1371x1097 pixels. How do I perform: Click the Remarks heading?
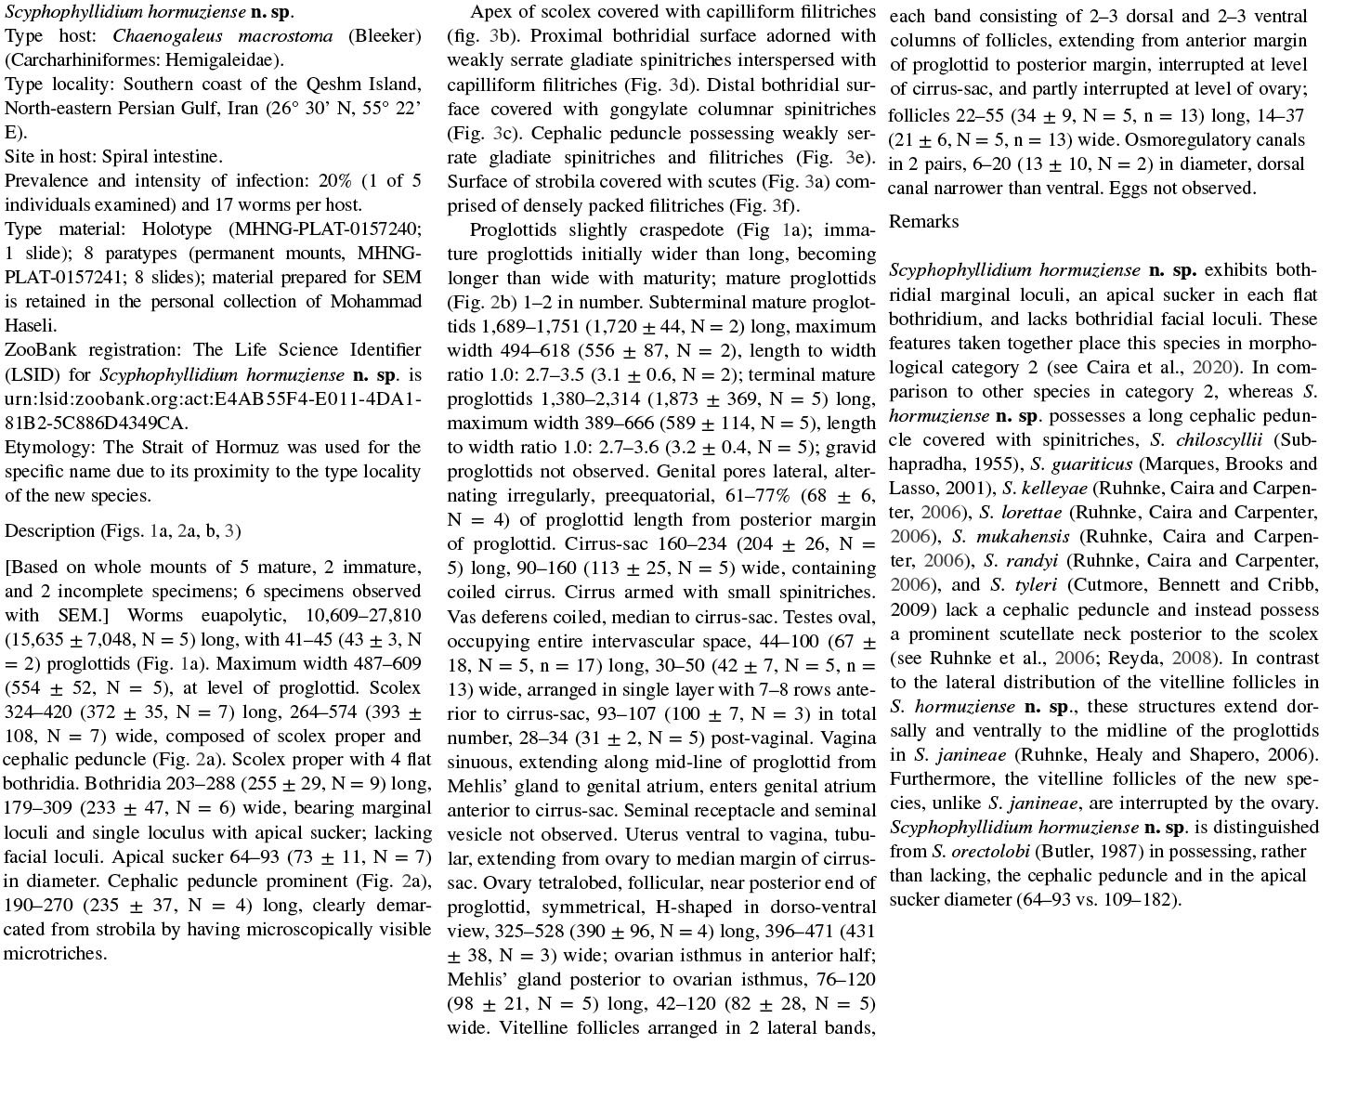pos(923,221)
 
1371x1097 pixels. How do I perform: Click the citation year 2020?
pos(1211,367)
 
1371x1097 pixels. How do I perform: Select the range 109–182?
pos(1141,899)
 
